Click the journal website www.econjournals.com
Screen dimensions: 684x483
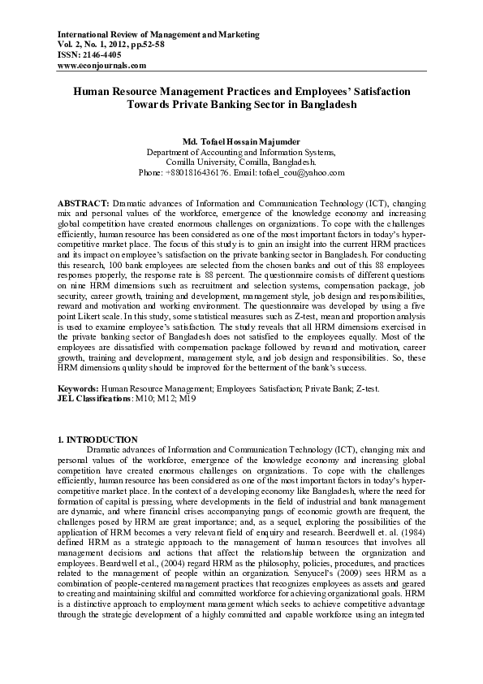point(102,65)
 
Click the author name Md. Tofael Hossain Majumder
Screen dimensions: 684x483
point(241,141)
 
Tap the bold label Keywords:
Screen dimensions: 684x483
point(79,388)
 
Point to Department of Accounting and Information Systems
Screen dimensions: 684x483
point(241,152)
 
